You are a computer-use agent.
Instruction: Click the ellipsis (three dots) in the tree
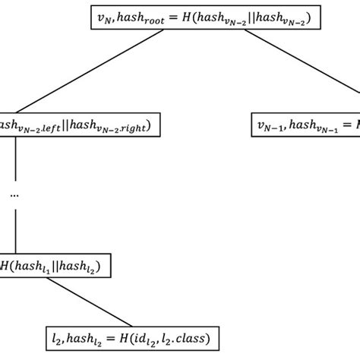(x=15, y=194)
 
